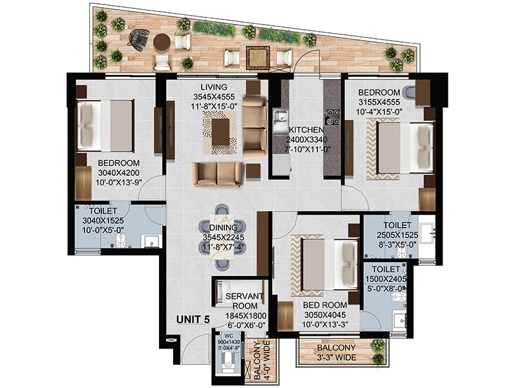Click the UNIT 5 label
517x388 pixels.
coord(193,319)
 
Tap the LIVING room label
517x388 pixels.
coord(214,87)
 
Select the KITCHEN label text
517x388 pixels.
coord(306,130)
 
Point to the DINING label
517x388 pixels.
coord(223,228)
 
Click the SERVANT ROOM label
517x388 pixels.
coord(245,301)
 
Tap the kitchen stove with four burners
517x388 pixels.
coord(332,117)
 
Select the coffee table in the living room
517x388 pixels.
coord(220,132)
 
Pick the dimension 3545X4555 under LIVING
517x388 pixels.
coord(214,96)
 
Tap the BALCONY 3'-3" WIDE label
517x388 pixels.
coord(336,352)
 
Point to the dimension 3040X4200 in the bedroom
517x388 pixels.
coord(119,173)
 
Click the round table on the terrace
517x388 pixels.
coord(162,42)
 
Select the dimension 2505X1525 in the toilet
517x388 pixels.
coord(397,235)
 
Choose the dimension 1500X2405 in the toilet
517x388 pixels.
coord(386,279)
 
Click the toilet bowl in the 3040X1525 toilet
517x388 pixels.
coord(120,240)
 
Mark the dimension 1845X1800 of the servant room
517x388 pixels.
coord(246,316)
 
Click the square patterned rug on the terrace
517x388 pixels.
coord(258,58)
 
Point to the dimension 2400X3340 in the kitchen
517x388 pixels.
coord(306,140)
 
